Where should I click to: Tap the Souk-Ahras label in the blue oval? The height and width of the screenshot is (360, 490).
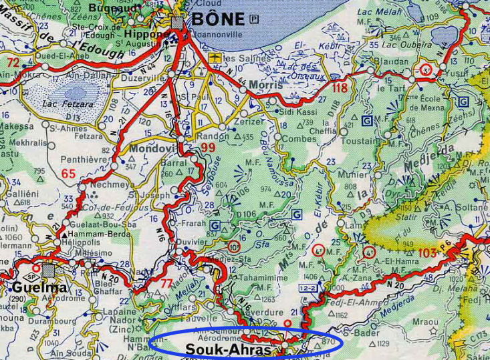[228, 349]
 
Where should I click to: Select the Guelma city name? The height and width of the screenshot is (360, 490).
[39, 288]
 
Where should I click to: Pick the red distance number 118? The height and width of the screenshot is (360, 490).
[340, 88]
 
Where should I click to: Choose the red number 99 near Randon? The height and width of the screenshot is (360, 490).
[208, 147]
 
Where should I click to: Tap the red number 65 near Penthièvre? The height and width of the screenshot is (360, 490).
[68, 174]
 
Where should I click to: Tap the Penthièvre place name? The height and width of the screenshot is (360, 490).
[84, 160]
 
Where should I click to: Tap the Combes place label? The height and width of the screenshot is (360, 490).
[299, 139]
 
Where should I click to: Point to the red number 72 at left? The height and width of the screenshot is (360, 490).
[13, 62]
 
